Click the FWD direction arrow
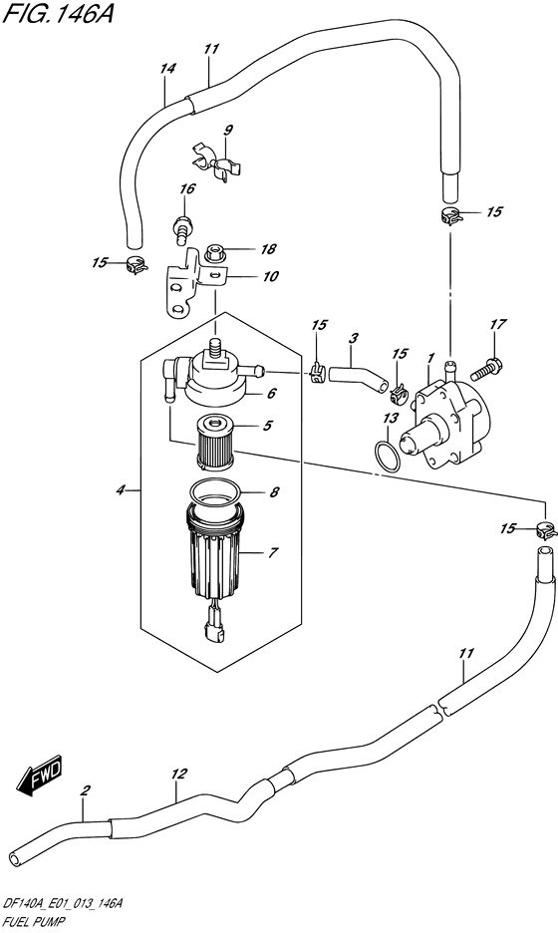[x=39, y=777]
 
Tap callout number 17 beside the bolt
[x=498, y=324]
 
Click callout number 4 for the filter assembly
[x=121, y=490]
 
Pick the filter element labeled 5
[x=215, y=443]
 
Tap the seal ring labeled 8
[x=215, y=493]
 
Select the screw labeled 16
[x=181, y=229]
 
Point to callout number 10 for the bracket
[x=271, y=277]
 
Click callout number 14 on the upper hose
[x=168, y=69]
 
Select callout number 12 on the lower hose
[x=178, y=775]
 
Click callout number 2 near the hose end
[x=86, y=790]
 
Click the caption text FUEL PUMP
[x=35, y=922]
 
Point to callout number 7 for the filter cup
[x=272, y=553]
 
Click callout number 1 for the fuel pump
[x=428, y=359]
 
